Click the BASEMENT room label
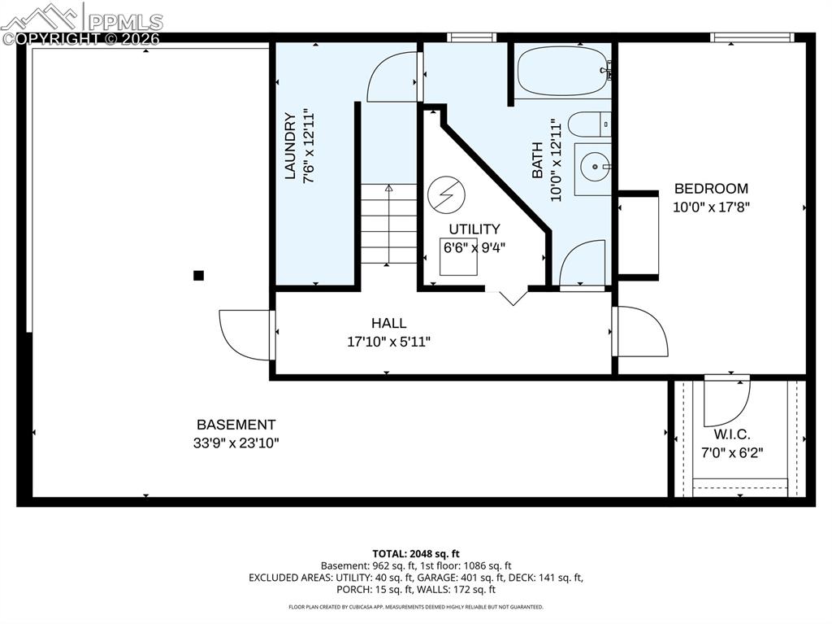[236, 425]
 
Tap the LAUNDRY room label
[290, 146]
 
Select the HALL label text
[388, 324]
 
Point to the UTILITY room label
[474, 229]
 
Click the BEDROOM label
[711, 189]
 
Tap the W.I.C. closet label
[731, 434]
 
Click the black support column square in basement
[198, 275]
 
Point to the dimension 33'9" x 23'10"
[236, 443]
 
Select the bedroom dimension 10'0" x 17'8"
[711, 207]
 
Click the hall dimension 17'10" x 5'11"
[388, 342]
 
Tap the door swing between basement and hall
[244, 334]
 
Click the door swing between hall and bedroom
[642, 332]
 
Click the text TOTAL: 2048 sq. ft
[415, 553]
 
